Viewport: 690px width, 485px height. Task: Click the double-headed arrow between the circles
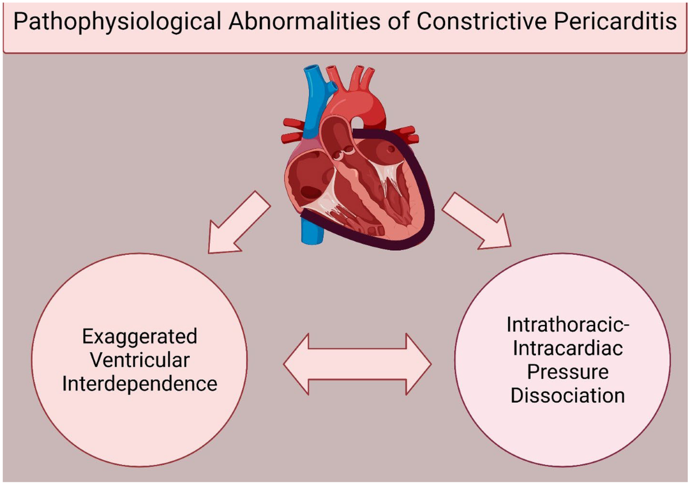coord(357,363)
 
